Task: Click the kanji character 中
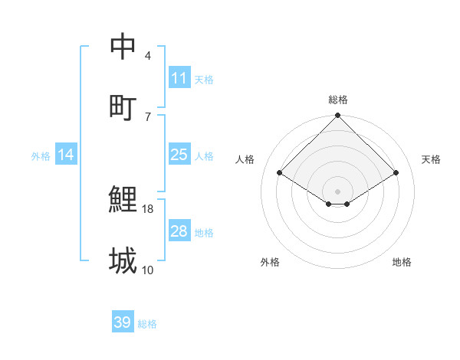click(123, 47)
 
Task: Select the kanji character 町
click(123, 107)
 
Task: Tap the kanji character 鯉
click(123, 200)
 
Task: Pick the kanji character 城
click(123, 260)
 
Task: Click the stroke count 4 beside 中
click(148, 56)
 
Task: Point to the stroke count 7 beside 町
click(148, 116)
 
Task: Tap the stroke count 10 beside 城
click(148, 270)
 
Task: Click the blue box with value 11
click(179, 78)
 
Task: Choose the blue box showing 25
click(179, 155)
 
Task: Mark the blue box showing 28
click(179, 231)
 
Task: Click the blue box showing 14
click(66, 155)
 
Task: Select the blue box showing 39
click(122, 322)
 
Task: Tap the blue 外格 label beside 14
click(41, 156)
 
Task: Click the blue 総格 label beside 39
click(147, 324)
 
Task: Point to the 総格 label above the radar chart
click(337, 100)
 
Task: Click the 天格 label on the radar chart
click(431, 159)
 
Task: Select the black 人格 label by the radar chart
click(245, 159)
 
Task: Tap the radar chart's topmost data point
click(337, 116)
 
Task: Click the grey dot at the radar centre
click(337, 191)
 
